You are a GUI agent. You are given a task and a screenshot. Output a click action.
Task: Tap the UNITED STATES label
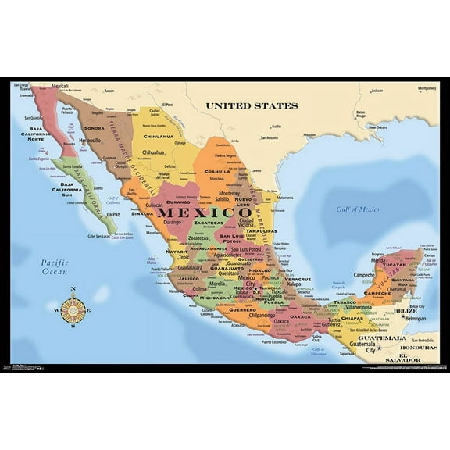[252, 105]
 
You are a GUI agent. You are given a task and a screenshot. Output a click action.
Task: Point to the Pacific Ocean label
[55, 267]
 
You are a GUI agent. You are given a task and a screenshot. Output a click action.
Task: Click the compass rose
[73, 309]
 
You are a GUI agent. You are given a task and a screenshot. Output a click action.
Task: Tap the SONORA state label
[94, 127]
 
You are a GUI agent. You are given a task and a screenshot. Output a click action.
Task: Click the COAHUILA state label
[217, 171]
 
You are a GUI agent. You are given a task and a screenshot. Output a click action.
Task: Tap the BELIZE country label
[405, 310]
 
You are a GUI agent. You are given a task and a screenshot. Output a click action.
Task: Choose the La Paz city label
[114, 213]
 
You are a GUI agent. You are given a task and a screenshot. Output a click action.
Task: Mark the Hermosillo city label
[90, 141]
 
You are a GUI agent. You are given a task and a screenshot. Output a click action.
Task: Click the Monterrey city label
[229, 193]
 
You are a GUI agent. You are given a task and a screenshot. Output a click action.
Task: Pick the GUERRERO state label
[242, 310]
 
